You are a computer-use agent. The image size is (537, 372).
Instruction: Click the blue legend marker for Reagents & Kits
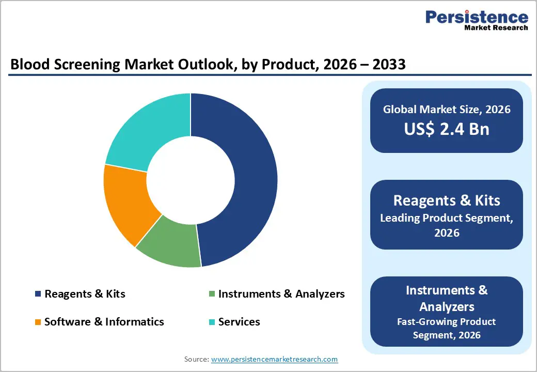point(38,294)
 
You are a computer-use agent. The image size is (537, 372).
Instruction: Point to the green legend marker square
point(212,294)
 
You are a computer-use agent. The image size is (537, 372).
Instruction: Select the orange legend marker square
point(38,322)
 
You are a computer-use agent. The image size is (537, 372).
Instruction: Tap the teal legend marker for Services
point(212,322)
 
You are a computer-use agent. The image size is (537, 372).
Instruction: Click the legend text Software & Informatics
point(104,322)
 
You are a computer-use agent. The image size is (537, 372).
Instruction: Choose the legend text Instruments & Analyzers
point(281,294)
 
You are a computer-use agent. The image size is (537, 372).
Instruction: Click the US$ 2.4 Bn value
point(447,129)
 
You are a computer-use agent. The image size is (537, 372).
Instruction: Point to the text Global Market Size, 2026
point(447,109)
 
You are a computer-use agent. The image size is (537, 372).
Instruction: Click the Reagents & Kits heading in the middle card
point(447,200)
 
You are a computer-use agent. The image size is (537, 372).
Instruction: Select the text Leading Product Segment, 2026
point(447,225)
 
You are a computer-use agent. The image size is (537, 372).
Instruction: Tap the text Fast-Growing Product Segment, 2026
point(447,328)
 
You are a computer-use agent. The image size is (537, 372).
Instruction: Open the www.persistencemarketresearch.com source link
point(274,359)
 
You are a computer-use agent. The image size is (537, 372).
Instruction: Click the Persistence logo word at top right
point(477,17)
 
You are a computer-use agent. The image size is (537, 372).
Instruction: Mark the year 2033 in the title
point(387,65)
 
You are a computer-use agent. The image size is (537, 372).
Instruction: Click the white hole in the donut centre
point(190,180)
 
